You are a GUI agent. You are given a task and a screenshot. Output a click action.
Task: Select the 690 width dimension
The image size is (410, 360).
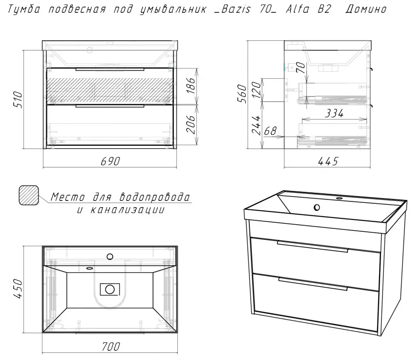click(x=110, y=161)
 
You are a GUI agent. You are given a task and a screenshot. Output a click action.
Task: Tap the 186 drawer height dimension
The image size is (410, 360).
click(x=191, y=85)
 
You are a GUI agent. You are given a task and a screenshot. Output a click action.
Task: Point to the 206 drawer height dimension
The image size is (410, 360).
click(x=191, y=124)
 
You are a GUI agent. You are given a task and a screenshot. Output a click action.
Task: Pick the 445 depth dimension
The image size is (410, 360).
click(x=328, y=161)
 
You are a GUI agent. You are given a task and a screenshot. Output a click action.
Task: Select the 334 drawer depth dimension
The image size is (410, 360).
click(x=334, y=114)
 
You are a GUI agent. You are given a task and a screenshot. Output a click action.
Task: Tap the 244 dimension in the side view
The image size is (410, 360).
click(x=256, y=125)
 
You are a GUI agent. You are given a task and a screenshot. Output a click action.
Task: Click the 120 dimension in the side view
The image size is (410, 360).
click(x=256, y=89)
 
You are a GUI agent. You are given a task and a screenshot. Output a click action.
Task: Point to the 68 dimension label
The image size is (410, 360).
click(x=270, y=131)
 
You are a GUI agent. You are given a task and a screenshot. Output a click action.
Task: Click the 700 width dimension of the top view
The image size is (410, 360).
click(x=111, y=346)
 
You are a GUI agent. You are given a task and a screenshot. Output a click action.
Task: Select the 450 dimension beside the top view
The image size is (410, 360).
click(x=18, y=289)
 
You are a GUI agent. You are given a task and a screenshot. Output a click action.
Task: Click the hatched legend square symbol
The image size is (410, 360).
click(x=29, y=195)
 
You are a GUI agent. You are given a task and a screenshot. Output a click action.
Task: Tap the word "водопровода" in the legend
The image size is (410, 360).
click(x=154, y=197)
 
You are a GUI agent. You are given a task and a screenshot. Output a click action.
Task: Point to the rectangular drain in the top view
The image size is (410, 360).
click(x=110, y=289)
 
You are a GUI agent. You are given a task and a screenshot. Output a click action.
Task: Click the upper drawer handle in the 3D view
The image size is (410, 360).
click(x=313, y=246)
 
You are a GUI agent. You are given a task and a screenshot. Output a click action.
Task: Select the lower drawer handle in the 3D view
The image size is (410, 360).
click(x=313, y=284)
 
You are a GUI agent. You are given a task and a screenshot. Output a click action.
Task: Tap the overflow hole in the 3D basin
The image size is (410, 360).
click(x=317, y=208)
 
